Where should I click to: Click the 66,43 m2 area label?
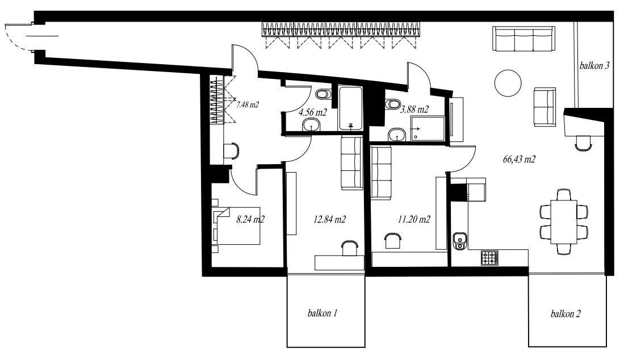click(520, 160)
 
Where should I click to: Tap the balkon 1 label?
click(323, 313)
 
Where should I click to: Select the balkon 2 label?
click(566, 314)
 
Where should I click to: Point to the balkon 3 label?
click(594, 66)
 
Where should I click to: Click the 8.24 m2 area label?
click(251, 219)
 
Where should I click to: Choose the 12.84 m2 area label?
click(329, 219)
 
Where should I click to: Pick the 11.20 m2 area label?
click(414, 219)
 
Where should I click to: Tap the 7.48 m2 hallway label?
click(248, 105)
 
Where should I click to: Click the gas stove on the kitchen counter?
click(490, 258)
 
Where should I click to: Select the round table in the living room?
click(508, 83)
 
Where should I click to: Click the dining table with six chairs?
click(564, 222)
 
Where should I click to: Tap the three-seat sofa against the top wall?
click(524, 39)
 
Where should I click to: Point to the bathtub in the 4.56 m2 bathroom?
click(350, 108)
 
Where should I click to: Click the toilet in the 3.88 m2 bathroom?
click(392, 104)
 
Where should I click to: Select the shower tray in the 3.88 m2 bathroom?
click(428, 128)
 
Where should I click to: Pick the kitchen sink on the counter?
click(460, 241)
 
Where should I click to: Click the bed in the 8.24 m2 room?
click(237, 225)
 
